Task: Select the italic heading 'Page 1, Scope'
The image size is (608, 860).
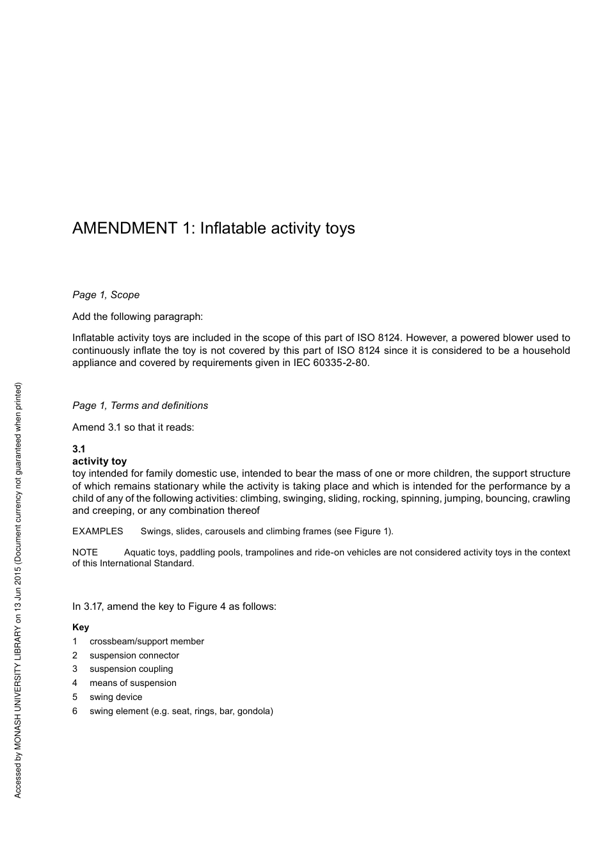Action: tap(106, 295)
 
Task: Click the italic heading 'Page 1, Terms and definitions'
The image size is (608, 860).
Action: tap(140, 406)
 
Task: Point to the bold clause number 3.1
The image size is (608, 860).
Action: tap(79, 449)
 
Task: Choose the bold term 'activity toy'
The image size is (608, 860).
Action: tap(99, 461)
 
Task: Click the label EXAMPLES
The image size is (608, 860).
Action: tap(97, 531)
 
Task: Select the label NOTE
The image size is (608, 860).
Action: tap(84, 552)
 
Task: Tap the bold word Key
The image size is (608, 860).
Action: tap(81, 627)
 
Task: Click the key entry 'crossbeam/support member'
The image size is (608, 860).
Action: tap(147, 641)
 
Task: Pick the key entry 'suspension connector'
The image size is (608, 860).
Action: tap(134, 655)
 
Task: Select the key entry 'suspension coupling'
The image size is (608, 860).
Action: tap(131, 669)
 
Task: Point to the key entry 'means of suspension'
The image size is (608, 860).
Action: tap(133, 683)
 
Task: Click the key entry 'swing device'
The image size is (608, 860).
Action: tap(116, 697)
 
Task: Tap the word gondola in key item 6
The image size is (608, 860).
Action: tap(254, 711)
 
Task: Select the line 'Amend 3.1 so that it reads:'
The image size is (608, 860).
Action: tap(133, 427)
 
